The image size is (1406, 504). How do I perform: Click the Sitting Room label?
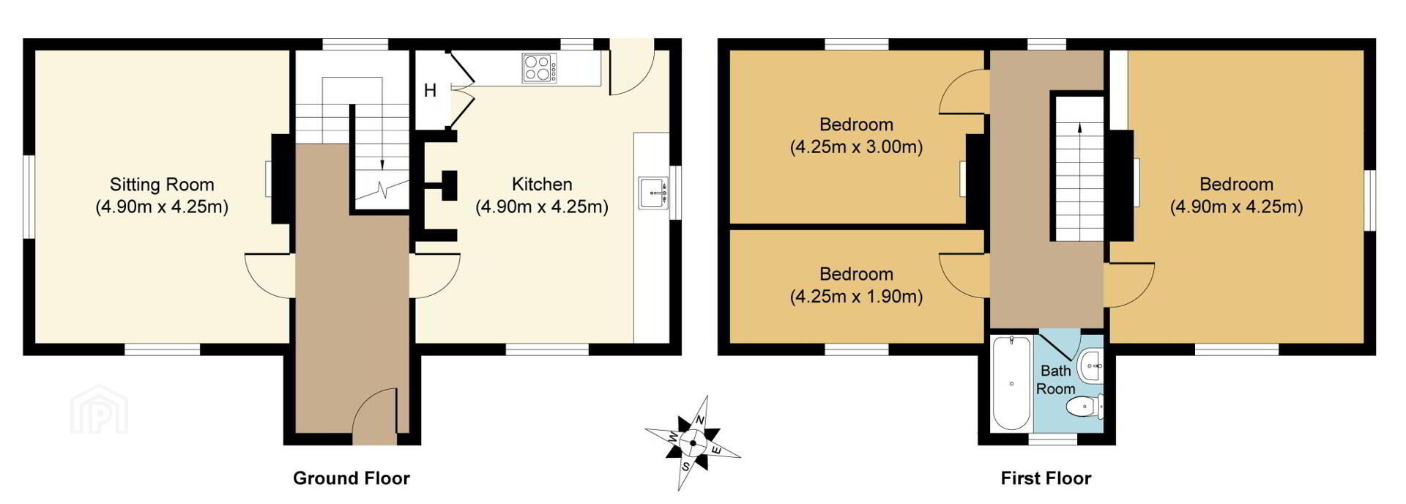[x=162, y=185]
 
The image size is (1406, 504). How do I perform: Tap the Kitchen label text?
[x=542, y=185]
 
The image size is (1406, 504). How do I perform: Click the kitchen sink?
[x=653, y=193]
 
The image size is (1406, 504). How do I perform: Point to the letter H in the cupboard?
[x=430, y=91]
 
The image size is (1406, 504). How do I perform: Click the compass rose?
[x=692, y=442]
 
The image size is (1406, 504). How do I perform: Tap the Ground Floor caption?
[x=351, y=478]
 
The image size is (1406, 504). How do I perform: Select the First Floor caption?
[x=1046, y=478]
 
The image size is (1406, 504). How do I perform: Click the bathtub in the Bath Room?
[x=1011, y=383]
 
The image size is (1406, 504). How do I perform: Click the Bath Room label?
[x=1055, y=380]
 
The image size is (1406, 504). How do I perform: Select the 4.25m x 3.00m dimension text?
[x=856, y=147]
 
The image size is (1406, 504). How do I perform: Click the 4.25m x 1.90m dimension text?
[x=856, y=297]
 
